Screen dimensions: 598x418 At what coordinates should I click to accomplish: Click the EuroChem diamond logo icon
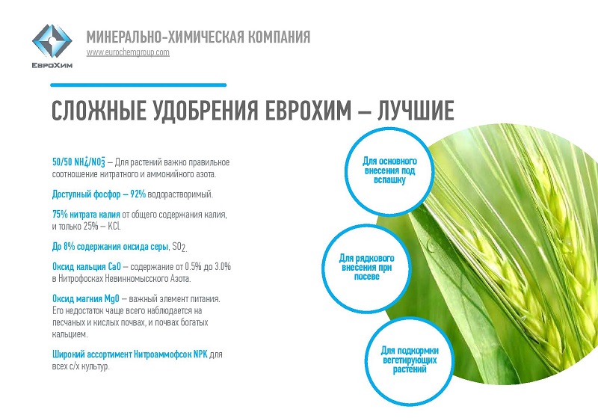52,41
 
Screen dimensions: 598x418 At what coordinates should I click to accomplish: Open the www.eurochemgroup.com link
128,52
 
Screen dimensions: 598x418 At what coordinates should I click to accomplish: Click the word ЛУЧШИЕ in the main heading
416,111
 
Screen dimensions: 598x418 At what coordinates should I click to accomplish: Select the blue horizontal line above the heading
138,85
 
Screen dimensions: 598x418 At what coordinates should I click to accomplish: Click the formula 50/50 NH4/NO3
79,162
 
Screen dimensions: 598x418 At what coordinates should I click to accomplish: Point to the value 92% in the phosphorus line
138,194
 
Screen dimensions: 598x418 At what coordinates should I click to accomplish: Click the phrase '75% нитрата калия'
86,215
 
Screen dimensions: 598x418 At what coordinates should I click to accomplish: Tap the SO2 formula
179,248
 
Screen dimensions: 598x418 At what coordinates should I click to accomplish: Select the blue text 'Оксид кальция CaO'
87,267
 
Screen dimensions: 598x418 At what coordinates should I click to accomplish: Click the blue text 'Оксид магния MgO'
86,298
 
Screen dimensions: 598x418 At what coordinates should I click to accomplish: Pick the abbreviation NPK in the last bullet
200,354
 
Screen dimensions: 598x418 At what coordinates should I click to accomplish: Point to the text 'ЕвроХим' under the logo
52,65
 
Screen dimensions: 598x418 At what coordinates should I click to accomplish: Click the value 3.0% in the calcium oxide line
223,267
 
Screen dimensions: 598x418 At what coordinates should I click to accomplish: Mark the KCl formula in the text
114,226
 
